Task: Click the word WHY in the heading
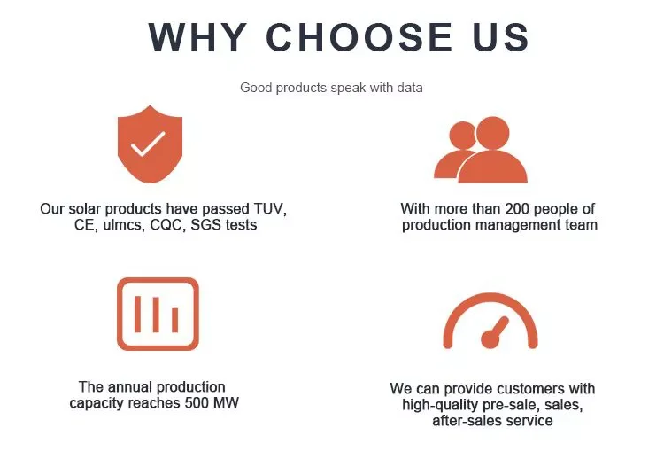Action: [197, 37]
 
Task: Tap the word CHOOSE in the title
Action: [359, 37]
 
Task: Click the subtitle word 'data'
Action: [410, 88]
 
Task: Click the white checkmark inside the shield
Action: [148, 144]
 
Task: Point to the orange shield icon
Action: [150, 144]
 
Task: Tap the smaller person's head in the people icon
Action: [461, 136]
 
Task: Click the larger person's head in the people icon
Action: [492, 133]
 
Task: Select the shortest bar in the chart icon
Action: [175, 320]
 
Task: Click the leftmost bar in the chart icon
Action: [137, 314]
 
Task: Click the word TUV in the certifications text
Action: [269, 209]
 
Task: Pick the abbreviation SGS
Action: [205, 224]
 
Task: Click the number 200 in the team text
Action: [518, 209]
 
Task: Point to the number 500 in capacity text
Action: [197, 402]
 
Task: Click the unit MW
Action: [226, 402]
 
